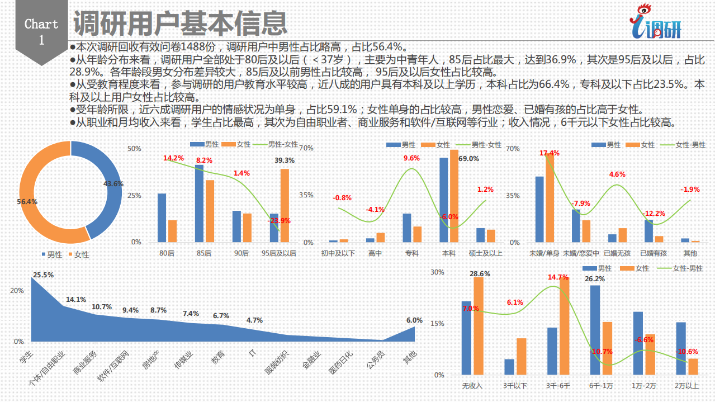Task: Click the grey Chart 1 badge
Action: (41, 31)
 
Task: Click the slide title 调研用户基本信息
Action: (180, 23)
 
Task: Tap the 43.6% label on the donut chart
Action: (113, 183)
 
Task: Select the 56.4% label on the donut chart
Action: (27, 201)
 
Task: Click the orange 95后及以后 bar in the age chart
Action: (285, 205)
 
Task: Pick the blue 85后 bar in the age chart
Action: (199, 204)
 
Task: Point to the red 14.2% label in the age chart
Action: (173, 158)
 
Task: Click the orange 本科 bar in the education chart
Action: (454, 196)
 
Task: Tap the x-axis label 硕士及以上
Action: (485, 253)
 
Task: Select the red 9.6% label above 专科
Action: (411, 158)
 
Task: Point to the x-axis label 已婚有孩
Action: (653, 253)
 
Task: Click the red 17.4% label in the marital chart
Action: (549, 153)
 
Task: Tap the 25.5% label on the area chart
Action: (43, 275)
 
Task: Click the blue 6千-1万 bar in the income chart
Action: (595, 330)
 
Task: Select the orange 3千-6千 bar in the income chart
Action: (564, 326)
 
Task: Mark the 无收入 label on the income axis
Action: (472, 386)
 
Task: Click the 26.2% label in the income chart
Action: (594, 279)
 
